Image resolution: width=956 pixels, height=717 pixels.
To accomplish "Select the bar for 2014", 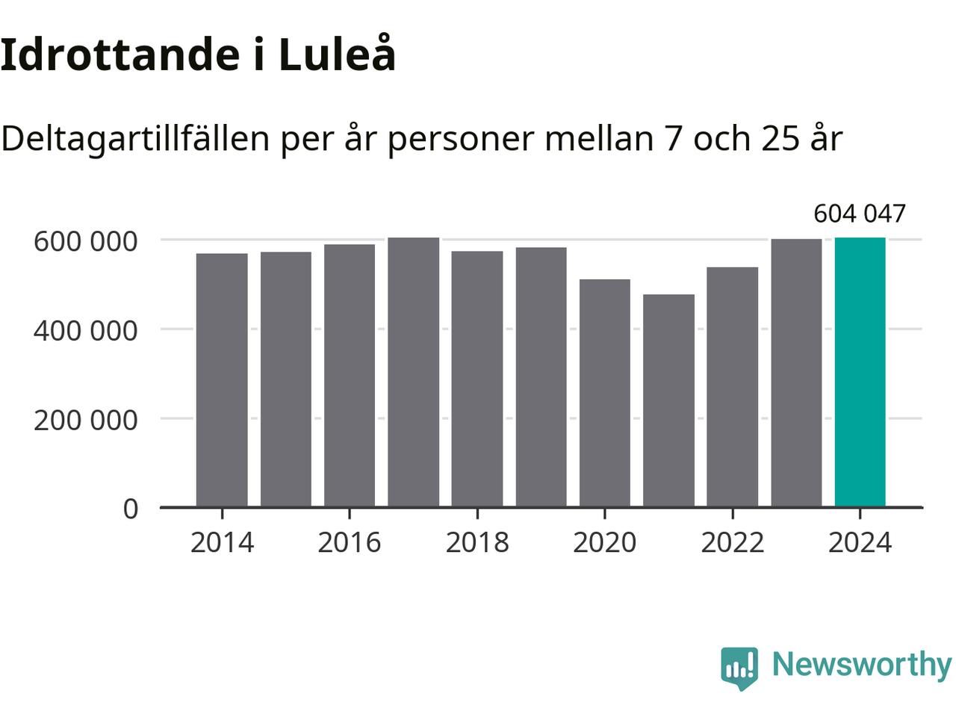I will [222, 380].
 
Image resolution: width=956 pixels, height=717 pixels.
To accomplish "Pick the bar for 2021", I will [668, 400].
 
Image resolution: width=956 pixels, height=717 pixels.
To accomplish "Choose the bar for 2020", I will [604, 393].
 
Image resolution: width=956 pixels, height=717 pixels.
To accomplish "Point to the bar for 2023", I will [796, 373].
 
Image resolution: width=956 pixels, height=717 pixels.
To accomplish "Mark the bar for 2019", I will [541, 377].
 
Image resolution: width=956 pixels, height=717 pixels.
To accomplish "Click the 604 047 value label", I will [859, 214].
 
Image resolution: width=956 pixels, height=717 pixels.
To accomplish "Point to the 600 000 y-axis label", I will [86, 241].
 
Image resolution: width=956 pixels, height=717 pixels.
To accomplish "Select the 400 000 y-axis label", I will [86, 330].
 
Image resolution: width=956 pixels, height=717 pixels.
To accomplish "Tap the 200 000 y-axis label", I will [86, 420].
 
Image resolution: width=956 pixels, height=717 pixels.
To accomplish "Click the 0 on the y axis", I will [131, 509].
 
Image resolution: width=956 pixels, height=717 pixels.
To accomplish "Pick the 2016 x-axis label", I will [350, 542].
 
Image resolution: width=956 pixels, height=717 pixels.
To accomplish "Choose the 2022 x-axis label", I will [732, 542].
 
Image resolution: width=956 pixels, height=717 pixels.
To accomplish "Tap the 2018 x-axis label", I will [477, 542].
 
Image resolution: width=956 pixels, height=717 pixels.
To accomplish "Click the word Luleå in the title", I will [337, 55].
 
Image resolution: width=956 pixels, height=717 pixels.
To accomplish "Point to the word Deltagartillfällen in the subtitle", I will [135, 138].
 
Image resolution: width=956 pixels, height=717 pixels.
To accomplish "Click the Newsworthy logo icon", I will [739, 666].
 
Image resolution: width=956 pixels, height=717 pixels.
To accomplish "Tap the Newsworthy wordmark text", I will [861, 664].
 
